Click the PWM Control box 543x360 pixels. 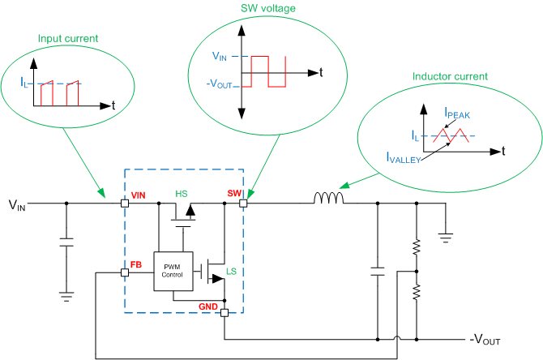coord(173,270)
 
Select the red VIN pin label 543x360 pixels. coord(139,195)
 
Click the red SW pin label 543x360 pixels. coord(233,194)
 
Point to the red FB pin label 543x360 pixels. coord(136,264)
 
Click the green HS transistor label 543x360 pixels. coord(182,195)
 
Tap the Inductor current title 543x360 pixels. coord(451,76)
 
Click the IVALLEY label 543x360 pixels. coord(403,160)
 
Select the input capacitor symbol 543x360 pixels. coord(66,242)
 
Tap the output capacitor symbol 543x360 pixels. coord(377,269)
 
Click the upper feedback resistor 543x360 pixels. coord(416,245)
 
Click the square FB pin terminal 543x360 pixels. coord(124,272)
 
